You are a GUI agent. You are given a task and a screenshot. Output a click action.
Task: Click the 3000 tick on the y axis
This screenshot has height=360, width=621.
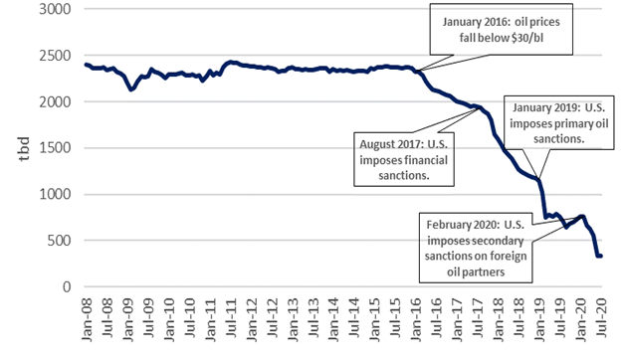[x=56, y=9]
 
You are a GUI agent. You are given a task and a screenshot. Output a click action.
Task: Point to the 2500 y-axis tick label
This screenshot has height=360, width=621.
[x=56, y=56]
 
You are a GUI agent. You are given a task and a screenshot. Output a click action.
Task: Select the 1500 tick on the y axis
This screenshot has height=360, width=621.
[x=56, y=148]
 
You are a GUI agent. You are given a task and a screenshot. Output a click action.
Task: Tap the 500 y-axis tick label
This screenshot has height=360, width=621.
[x=59, y=241]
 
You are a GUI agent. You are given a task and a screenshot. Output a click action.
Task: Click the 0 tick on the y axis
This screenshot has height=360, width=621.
[x=66, y=286]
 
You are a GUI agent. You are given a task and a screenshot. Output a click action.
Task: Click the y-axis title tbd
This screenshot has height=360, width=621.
[x=15, y=148]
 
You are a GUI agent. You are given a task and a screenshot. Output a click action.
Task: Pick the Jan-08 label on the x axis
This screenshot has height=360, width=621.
[x=86, y=315]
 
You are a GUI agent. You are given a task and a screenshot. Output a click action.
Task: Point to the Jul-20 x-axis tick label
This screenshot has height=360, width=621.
[x=601, y=315]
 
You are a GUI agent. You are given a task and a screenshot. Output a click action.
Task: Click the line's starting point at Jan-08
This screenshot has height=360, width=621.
[x=86, y=65]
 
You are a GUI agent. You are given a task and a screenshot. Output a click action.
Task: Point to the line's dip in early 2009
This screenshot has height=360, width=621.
[x=131, y=90]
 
